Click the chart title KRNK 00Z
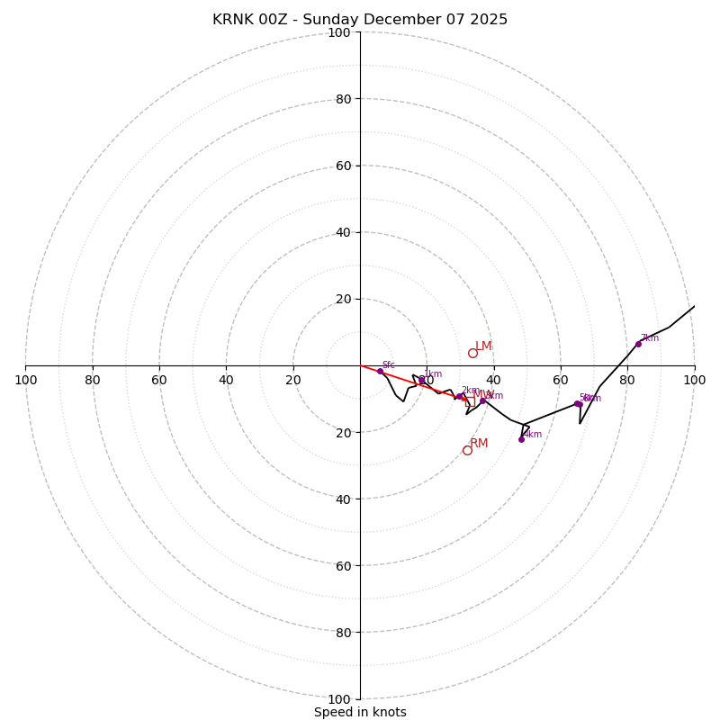click(360, 20)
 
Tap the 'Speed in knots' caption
click(360, 712)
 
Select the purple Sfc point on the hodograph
click(380, 371)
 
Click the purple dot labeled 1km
click(421, 380)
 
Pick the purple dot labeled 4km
click(521, 439)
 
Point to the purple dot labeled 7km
click(638, 344)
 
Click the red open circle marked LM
click(472, 353)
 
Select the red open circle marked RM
click(467, 450)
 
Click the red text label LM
click(484, 346)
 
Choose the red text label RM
click(479, 444)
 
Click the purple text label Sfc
click(389, 365)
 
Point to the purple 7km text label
click(650, 338)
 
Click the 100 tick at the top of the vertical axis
click(338, 33)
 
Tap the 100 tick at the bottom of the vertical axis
click(338, 699)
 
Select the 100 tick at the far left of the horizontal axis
click(26, 380)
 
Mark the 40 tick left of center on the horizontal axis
click(227, 380)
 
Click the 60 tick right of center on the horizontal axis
click(561, 380)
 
